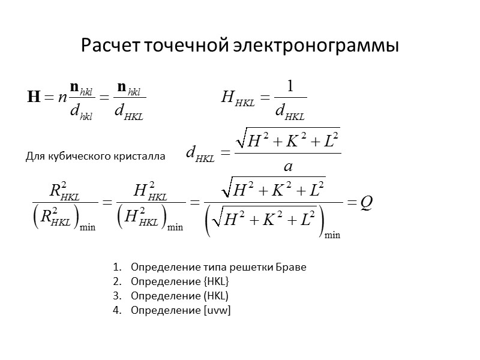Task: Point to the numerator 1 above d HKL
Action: (290, 86)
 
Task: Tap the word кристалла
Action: (143, 157)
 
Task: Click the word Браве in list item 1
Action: (292, 267)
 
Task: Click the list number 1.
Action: (115, 267)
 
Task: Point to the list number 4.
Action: (115, 310)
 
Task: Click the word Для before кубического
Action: (35, 157)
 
